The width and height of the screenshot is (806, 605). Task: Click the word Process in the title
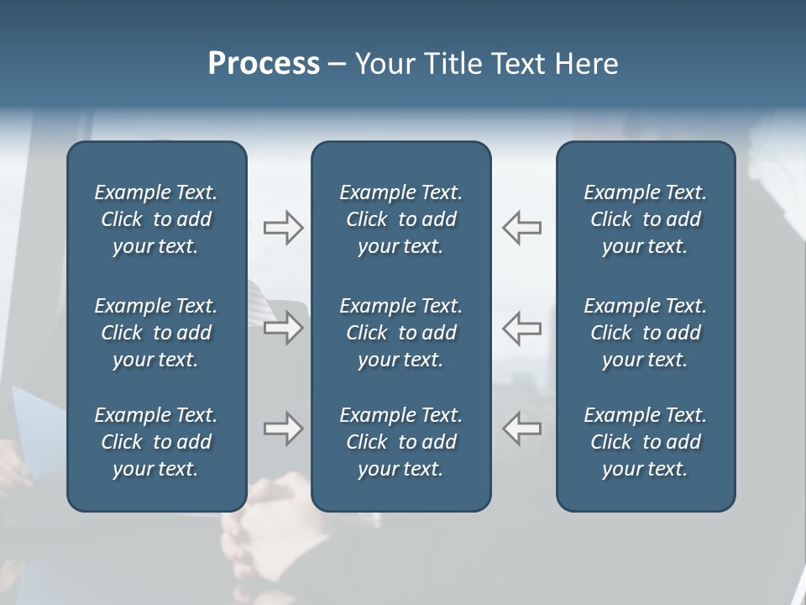(x=264, y=64)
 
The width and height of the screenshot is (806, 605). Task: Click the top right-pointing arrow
(x=283, y=228)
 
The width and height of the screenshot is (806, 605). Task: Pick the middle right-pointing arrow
(x=283, y=327)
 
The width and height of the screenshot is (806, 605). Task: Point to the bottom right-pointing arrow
(x=283, y=429)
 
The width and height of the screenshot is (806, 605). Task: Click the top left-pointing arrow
(x=521, y=228)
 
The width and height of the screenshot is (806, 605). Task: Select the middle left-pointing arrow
(x=521, y=327)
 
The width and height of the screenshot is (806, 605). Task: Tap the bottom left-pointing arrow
(x=521, y=429)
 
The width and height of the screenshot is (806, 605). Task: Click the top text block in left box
(x=156, y=219)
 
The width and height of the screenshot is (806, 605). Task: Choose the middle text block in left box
(x=156, y=333)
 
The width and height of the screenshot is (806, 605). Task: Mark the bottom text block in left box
(x=156, y=442)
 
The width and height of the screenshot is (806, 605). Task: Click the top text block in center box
(x=400, y=219)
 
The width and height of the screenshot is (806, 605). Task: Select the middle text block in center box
(x=400, y=333)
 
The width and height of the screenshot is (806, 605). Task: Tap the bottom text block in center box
(x=400, y=442)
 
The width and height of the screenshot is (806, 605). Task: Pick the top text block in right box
(x=645, y=219)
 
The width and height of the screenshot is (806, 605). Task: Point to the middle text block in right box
(x=645, y=333)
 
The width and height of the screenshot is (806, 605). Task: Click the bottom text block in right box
(x=645, y=442)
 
